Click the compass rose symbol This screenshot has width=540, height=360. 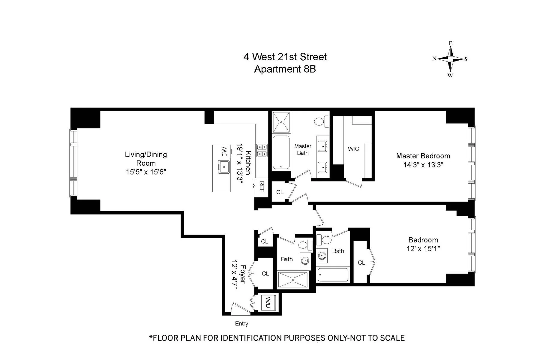pyautogui.click(x=450, y=59)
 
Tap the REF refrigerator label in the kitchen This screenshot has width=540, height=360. pyautogui.click(x=261, y=187)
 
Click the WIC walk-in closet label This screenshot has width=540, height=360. pyautogui.click(x=353, y=149)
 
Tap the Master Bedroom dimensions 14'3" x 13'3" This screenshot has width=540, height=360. pyautogui.click(x=423, y=165)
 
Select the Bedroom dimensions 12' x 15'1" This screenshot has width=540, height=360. pyautogui.click(x=423, y=249)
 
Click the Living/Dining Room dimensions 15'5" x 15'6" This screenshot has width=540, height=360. pyautogui.click(x=146, y=172)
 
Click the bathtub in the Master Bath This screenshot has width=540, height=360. pyautogui.click(x=281, y=152)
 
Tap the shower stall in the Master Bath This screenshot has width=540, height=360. pyautogui.click(x=281, y=122)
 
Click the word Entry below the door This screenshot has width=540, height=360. pyautogui.click(x=241, y=324)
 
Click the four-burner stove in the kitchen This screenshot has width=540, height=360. pyautogui.click(x=262, y=150)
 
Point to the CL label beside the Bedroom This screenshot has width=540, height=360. pyautogui.click(x=361, y=262)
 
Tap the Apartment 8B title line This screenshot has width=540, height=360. pyautogui.click(x=285, y=69)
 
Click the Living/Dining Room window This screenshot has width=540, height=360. pyautogui.click(x=73, y=163)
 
